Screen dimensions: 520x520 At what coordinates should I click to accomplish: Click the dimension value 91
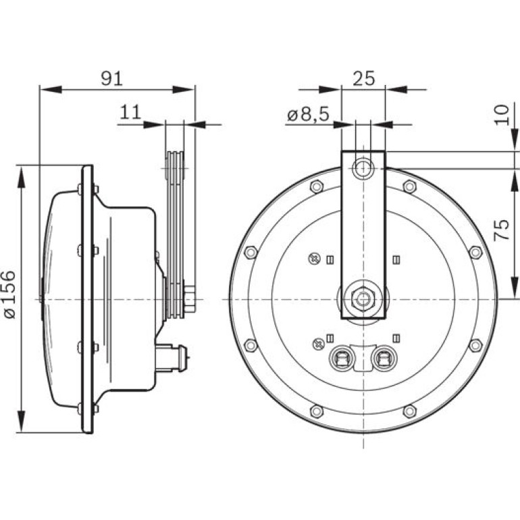111,78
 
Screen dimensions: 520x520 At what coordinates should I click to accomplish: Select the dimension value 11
130,112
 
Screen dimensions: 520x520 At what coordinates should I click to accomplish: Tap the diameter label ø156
10,295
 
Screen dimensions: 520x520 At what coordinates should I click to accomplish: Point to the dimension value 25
364,78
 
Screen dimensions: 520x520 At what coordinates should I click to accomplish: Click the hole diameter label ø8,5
308,115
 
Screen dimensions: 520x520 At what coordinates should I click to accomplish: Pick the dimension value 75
501,230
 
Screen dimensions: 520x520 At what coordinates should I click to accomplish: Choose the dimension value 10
501,115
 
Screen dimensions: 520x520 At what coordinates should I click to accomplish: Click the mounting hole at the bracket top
363,168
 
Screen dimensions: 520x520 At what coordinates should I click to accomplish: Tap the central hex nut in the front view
363,299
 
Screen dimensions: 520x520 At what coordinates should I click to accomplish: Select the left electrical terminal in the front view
341,358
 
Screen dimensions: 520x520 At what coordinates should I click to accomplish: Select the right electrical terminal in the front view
385,358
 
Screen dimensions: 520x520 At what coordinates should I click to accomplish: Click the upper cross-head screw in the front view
314,259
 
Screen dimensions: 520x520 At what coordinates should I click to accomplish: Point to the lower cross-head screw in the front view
318,344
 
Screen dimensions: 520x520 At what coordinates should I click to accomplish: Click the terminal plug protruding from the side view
172,357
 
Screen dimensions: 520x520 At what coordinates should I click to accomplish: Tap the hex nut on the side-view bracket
189,299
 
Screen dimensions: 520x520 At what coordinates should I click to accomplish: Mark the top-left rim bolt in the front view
316,186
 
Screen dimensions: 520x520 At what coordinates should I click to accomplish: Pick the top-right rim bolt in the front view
410,186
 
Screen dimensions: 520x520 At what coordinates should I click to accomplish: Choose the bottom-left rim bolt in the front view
316,411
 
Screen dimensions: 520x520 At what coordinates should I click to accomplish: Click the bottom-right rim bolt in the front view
410,411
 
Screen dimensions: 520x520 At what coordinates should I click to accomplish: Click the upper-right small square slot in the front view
396,260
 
